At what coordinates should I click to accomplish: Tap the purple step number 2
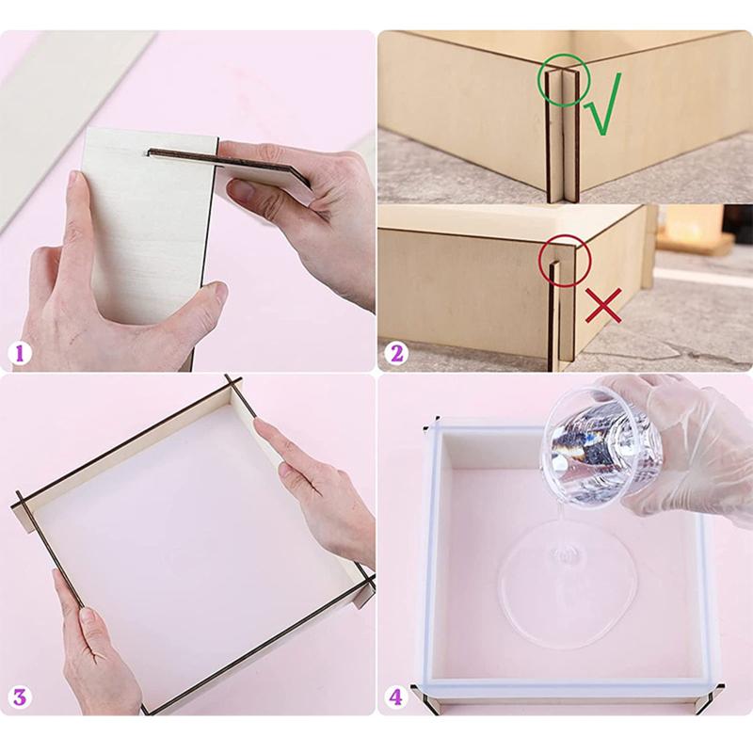click(x=396, y=354)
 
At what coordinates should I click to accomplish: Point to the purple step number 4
click(x=395, y=697)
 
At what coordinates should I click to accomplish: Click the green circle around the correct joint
click(x=537, y=80)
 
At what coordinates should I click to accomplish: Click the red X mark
click(x=603, y=305)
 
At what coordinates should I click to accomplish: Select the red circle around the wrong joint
click(x=538, y=262)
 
